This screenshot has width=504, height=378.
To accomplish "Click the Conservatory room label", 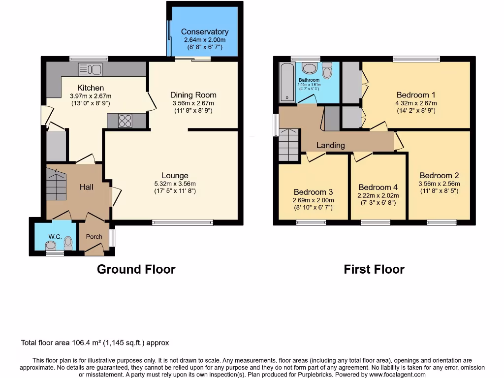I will tap(205, 31).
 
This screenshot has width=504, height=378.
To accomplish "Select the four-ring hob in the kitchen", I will tap(125, 121).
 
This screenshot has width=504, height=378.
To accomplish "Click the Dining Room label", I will tap(193, 95).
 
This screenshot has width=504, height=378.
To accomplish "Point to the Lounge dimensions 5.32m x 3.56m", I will tap(175, 184).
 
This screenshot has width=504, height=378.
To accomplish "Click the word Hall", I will tap(87, 187).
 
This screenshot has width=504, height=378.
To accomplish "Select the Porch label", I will tap(94, 236).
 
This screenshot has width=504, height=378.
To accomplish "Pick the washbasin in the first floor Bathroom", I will tap(310, 68).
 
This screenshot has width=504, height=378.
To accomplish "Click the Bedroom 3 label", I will tap(314, 192).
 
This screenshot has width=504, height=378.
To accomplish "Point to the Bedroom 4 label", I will tap(378, 187).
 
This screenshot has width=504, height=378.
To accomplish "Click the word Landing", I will tap(330, 145).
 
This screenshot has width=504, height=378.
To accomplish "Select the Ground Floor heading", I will tap(136, 269).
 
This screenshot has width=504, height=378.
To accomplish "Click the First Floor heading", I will tap(374, 269).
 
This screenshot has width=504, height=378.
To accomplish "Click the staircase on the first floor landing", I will tap(288, 144).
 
